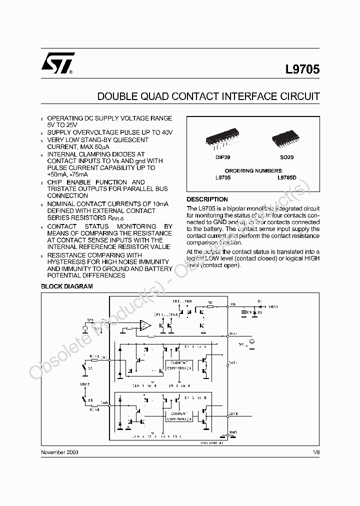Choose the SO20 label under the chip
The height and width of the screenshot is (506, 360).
tap(287, 157)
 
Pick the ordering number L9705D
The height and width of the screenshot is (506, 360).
tap(287, 177)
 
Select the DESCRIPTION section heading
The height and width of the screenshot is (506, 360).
tap(207, 199)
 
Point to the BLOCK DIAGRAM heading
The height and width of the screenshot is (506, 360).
tap(66, 286)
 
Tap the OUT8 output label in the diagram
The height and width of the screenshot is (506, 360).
tap(233, 413)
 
